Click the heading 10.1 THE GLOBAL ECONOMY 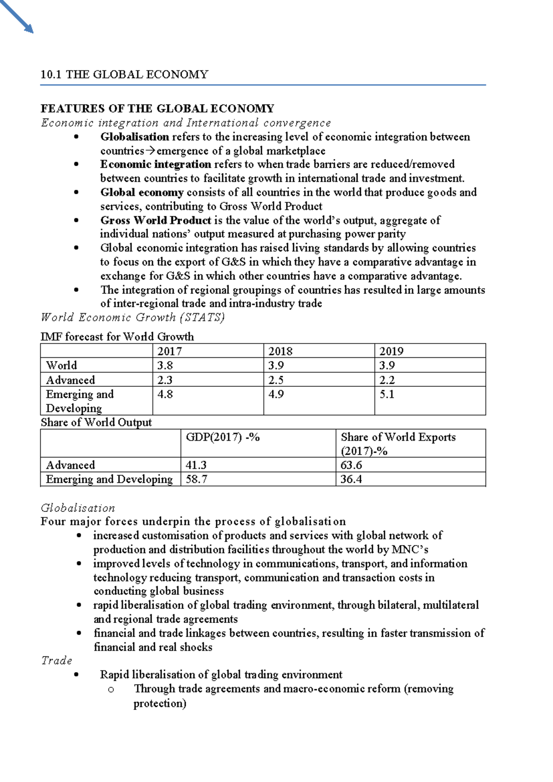coord(124,75)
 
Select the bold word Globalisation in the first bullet coord(135,137)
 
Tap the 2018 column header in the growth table coord(280,351)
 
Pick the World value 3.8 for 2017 coord(165,366)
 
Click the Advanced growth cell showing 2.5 coord(276,380)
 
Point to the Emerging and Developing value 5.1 coord(387,394)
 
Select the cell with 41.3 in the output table coord(196,465)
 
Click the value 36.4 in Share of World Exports coord(351,480)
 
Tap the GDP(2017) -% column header coord(223,437)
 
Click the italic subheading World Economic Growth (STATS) coord(132,318)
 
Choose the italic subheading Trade coord(57,661)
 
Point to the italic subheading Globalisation coord(78,508)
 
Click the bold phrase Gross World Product coord(156,220)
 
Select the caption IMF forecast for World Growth coord(117,337)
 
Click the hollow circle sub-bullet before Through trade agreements coord(110,690)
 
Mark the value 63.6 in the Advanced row coord(351,465)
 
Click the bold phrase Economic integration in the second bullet coord(156,165)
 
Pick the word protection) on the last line coord(159,704)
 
